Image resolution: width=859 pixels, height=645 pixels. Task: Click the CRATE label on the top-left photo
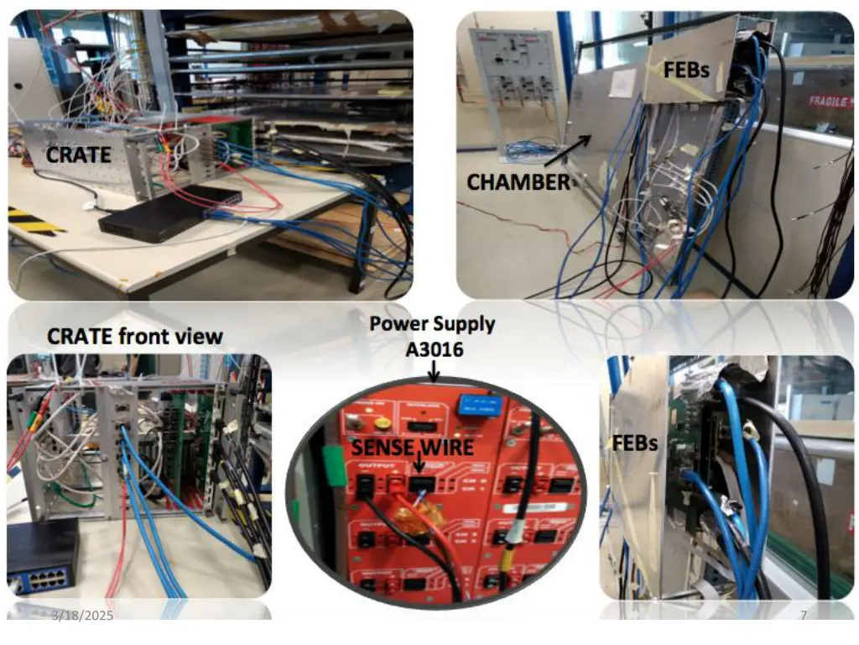(78, 155)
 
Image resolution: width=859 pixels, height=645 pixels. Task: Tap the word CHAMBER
(518, 181)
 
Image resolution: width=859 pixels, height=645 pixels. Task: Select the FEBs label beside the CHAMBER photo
(686, 70)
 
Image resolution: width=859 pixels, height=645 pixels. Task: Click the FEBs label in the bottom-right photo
(634, 442)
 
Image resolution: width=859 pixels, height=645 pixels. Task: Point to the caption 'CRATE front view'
(135, 337)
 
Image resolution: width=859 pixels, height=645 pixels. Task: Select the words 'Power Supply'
(433, 323)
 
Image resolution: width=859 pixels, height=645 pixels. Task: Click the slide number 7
(803, 616)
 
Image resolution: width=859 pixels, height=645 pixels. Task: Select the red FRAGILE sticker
(828, 101)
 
